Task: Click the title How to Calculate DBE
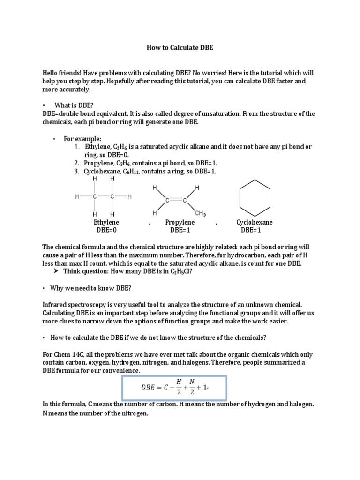[180, 48]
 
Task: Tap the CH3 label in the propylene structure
[200, 214]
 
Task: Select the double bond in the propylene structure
[176, 201]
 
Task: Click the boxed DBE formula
[174, 387]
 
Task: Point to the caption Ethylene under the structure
[106, 222]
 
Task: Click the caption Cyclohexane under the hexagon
[255, 222]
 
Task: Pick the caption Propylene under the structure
[180, 222]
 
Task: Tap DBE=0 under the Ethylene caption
[106, 230]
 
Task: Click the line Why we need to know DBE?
[91, 288]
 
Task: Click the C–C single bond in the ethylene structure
[103, 197]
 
